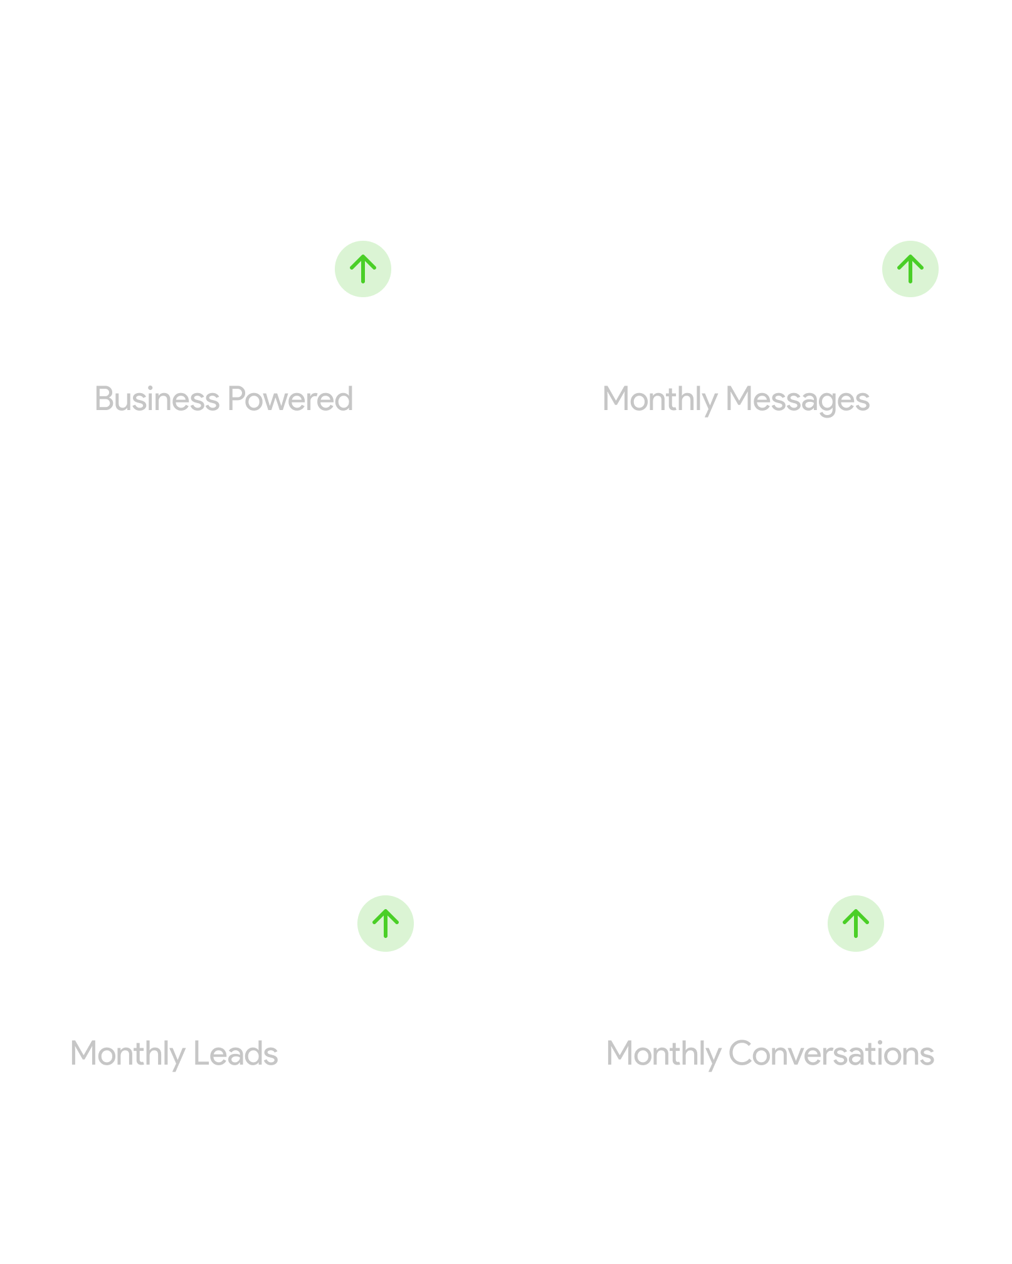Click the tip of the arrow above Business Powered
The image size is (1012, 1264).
point(363,256)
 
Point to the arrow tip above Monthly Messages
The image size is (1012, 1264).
point(910,256)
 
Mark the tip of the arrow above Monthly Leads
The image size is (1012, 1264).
point(386,910)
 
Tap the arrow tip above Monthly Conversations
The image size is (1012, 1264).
point(856,910)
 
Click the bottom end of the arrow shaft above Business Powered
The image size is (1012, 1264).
point(363,282)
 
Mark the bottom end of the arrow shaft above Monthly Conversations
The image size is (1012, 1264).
point(856,937)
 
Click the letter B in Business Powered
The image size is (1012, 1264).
point(104,399)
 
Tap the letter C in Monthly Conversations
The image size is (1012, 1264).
point(740,1053)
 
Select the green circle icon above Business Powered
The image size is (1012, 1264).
point(363,269)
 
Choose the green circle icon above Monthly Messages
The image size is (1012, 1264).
point(910,269)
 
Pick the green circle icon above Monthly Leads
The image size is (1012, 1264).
point(386,924)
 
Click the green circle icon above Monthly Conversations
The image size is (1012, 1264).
point(856,924)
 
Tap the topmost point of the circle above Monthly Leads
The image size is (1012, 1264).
point(386,895)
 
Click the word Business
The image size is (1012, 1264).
point(157,399)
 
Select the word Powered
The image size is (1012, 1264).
point(290,399)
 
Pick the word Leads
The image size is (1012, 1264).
point(236,1053)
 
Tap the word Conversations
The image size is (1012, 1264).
point(831,1053)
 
